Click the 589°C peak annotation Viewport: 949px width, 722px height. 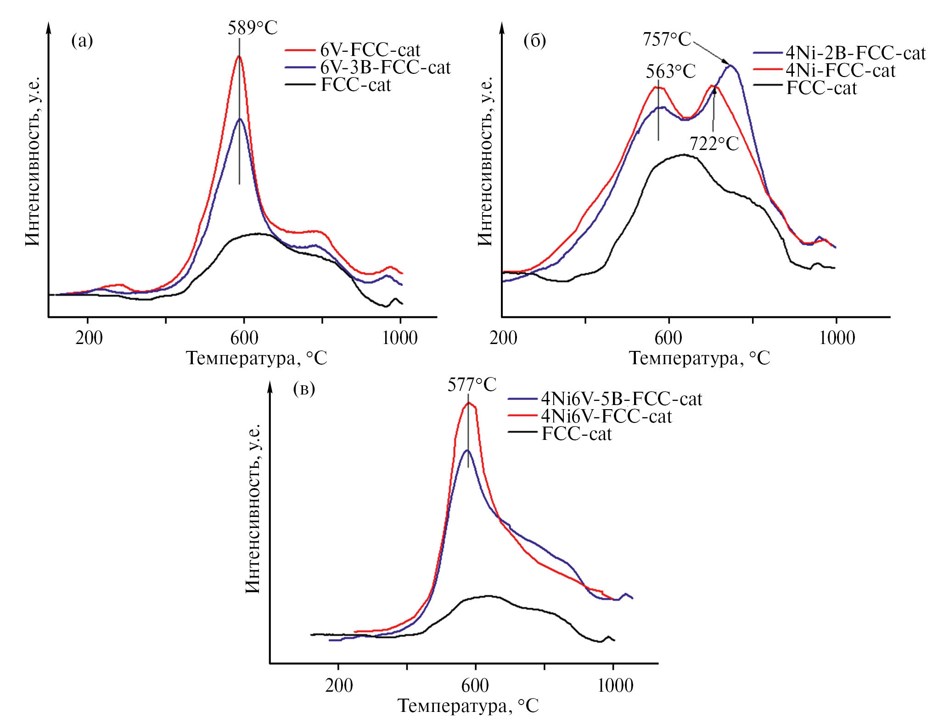253,28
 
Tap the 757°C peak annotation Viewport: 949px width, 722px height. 667,39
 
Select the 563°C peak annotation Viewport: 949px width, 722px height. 671,72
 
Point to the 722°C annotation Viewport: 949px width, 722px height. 714,144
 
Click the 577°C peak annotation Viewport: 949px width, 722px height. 472,385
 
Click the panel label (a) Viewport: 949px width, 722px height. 82,41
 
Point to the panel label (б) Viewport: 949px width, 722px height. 535,41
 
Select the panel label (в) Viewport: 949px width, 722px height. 304,389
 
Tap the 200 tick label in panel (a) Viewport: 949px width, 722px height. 89,338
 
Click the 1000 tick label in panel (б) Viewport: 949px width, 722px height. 837,338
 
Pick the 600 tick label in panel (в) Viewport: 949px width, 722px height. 475,686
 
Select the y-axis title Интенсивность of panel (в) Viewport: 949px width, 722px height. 253,509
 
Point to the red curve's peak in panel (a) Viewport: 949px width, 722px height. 239,56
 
